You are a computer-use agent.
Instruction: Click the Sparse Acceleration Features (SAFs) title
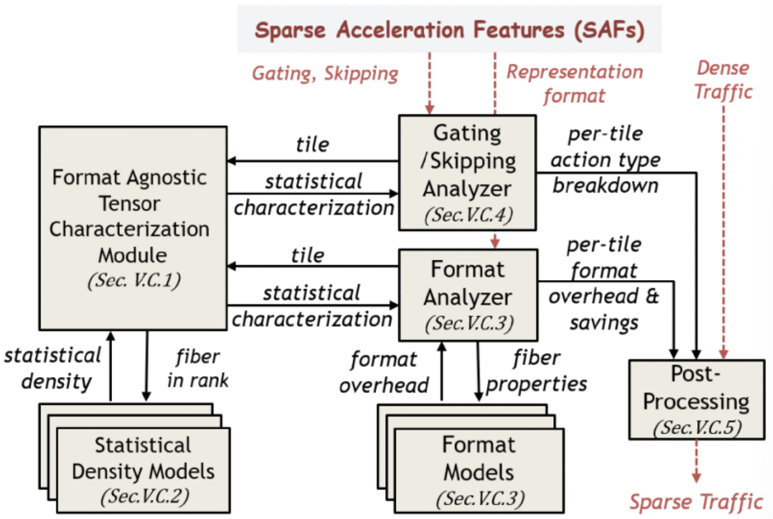coord(449,30)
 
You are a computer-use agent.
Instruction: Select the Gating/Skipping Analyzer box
coord(467,172)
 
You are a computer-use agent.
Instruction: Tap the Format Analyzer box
coord(468,295)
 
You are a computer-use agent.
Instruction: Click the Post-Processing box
coord(696,400)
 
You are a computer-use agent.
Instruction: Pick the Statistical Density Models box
coord(144,470)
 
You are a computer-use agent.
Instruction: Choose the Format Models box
coord(479,471)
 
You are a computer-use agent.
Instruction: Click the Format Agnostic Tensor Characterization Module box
coord(133,228)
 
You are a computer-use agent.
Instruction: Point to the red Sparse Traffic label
coord(696,502)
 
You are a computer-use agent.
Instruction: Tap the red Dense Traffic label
coord(723,80)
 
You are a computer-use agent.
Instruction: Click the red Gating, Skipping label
coord(325,73)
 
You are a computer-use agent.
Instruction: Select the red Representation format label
coord(574,84)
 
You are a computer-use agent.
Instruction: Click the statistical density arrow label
coord(53,368)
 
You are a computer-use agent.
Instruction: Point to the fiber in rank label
coord(197,368)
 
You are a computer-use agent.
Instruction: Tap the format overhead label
coord(384,372)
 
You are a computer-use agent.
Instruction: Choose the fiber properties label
coord(536,371)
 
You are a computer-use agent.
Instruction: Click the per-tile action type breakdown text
coord(605,159)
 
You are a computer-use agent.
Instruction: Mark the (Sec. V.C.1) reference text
coord(134,281)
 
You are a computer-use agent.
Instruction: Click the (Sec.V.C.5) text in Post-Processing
coord(697,427)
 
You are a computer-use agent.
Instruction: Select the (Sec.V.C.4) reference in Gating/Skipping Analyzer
coord(468,215)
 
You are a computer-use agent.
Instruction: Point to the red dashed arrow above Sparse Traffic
coord(696,461)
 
